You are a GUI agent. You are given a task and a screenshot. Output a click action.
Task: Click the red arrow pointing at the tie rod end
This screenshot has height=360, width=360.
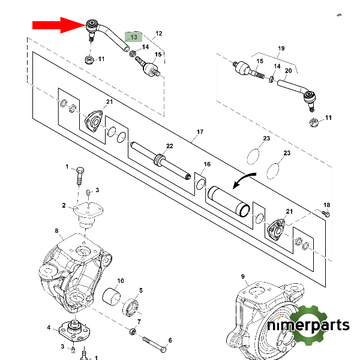58,25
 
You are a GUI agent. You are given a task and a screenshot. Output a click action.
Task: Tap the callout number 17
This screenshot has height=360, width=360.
200,132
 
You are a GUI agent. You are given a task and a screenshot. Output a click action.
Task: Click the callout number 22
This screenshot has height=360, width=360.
169,147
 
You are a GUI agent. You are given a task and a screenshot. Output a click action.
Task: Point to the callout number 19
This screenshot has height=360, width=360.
280,47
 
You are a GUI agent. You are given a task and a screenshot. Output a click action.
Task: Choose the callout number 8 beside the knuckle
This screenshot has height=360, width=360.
56,230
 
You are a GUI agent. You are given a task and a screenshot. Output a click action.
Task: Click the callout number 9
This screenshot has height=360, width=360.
243,276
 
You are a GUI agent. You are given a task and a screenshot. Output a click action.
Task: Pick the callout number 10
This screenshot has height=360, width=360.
120,281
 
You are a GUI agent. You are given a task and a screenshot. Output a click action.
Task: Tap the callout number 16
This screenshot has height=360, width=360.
207,164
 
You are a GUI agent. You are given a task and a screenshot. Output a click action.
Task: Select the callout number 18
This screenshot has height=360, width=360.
327,205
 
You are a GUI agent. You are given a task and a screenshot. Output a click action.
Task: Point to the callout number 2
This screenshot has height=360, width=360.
63,205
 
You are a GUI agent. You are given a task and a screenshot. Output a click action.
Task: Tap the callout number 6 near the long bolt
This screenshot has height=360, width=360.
170,341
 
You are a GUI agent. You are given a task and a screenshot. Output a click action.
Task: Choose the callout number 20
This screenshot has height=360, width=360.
288,71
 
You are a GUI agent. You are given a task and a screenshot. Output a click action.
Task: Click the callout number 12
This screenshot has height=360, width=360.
159,34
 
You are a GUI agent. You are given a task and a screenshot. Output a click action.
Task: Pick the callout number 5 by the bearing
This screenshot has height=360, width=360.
141,290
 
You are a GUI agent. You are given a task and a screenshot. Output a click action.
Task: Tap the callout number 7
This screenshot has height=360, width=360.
139,322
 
